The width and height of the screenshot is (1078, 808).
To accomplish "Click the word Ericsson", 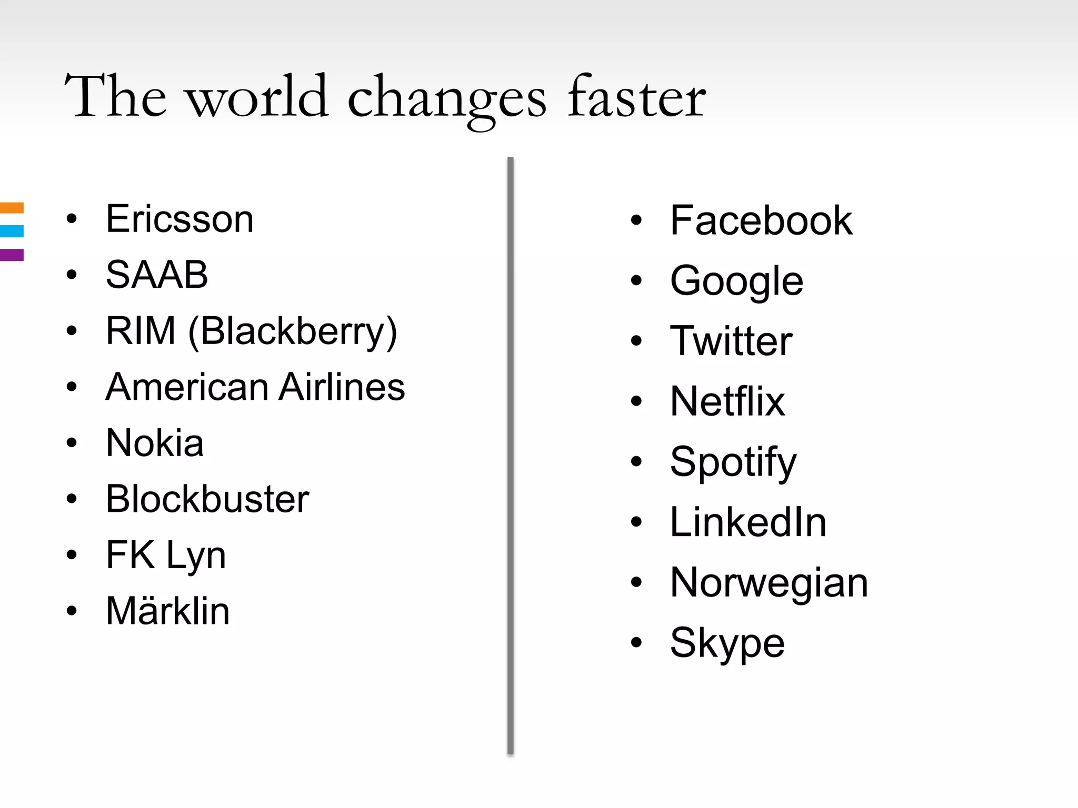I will [x=179, y=219].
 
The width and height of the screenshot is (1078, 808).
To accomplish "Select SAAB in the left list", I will [x=157, y=275].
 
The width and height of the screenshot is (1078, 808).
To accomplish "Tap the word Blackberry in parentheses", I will [x=293, y=331].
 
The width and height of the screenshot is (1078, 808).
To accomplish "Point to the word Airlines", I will [x=342, y=387].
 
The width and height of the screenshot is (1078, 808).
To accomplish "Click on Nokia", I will [x=155, y=443].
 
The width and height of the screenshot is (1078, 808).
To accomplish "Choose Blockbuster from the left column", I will [x=207, y=499].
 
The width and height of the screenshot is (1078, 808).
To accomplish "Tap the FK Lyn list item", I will [x=166, y=555].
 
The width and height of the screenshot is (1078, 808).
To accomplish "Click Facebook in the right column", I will [x=761, y=220].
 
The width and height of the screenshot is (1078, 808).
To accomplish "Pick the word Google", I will [x=736, y=281].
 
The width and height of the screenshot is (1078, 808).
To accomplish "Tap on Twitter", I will [x=731, y=341].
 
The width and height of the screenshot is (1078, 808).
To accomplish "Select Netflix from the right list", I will [x=727, y=401].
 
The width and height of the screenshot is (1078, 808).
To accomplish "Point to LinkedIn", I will [x=748, y=522].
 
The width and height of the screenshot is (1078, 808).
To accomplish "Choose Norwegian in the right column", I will [x=769, y=583].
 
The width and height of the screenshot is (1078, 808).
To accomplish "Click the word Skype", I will [x=727, y=643].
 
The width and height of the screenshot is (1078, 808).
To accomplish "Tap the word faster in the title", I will [x=637, y=98].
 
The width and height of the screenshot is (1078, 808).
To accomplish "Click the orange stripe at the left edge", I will [x=12, y=208].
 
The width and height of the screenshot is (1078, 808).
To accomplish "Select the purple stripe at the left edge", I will [x=12, y=255].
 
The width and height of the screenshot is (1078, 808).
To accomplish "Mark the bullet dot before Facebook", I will [x=636, y=220].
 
